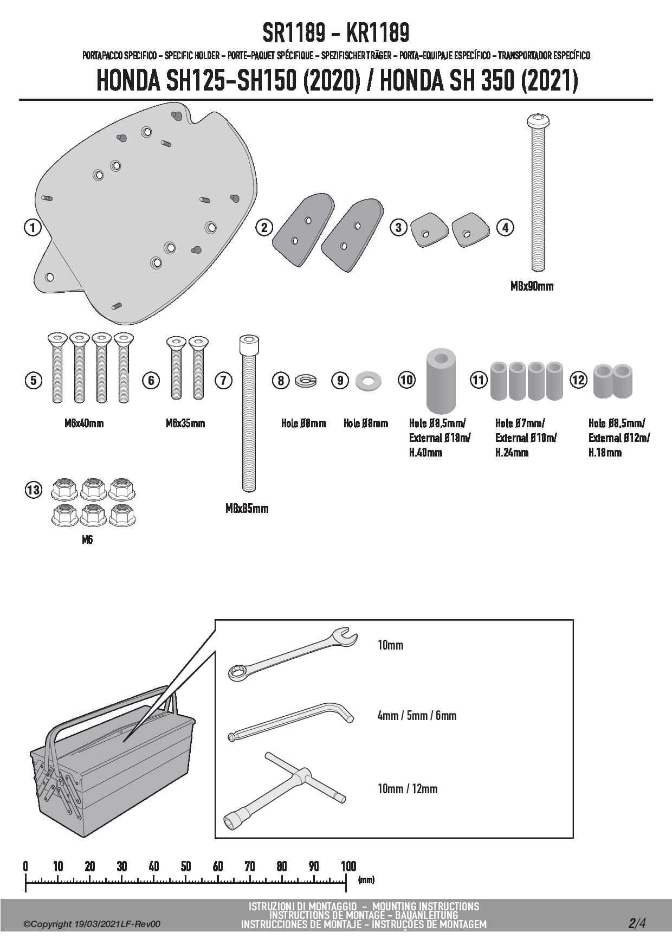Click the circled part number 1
[x=33, y=227]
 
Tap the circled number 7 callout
[x=223, y=381]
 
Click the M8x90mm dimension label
[x=532, y=286]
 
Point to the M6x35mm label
[x=185, y=423]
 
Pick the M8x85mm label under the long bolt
[x=247, y=509]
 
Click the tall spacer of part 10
[x=441, y=382]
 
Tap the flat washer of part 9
[x=369, y=381]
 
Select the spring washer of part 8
[x=306, y=381]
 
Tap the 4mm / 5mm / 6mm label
[x=417, y=716]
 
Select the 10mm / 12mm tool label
[x=407, y=789]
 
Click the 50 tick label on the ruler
[x=186, y=866]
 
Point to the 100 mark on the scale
[x=348, y=866]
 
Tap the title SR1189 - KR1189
[x=335, y=34]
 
